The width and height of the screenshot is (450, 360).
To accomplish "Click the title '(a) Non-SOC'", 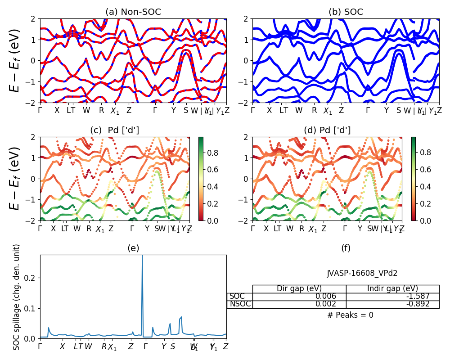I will [133, 12].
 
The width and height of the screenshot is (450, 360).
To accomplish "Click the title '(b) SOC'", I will [346, 12].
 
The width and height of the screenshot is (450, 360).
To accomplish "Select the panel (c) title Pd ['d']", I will [114, 130].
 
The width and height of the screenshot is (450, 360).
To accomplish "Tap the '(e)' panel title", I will [133, 248].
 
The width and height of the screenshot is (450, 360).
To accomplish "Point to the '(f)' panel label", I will [346, 248].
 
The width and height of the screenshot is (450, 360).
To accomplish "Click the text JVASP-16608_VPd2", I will [362, 273].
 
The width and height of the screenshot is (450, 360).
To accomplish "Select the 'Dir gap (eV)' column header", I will [299, 288].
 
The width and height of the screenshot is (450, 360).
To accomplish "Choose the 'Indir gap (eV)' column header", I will [392, 288].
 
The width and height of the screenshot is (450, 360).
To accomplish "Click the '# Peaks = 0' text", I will [350, 315].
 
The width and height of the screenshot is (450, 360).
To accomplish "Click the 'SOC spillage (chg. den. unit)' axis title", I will [17, 297].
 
